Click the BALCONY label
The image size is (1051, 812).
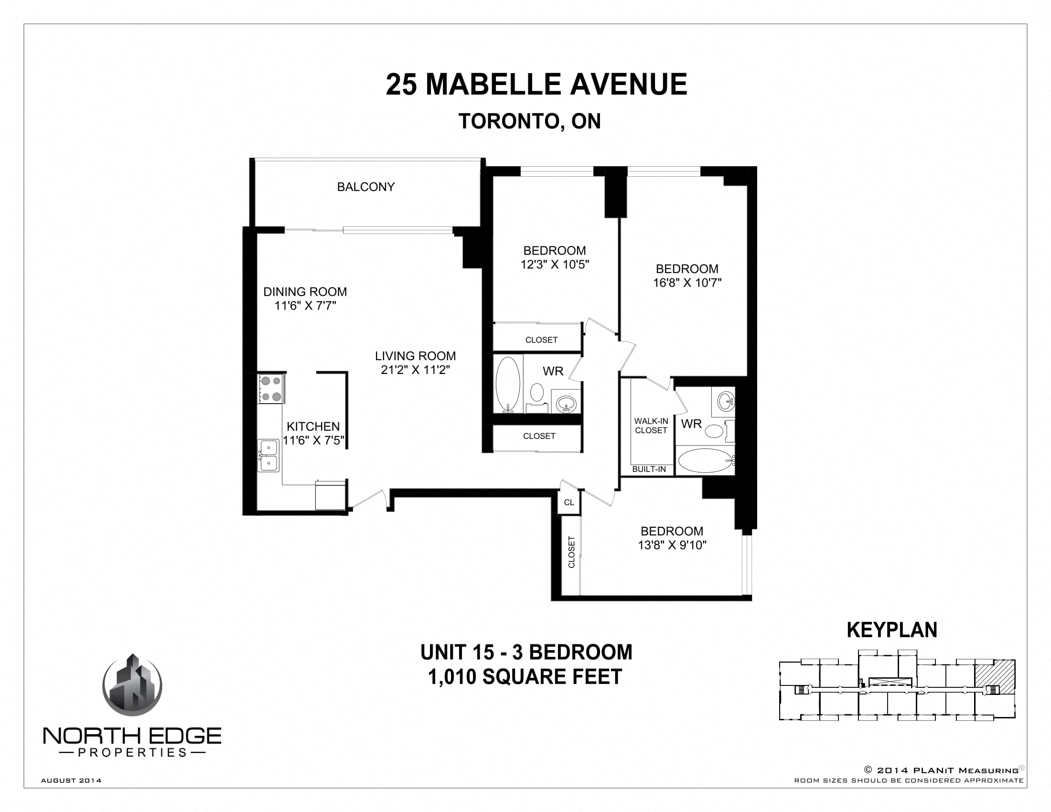point(366,187)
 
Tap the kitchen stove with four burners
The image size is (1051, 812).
point(270,389)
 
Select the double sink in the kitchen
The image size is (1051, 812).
point(268,456)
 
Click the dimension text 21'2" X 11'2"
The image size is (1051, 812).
point(415,370)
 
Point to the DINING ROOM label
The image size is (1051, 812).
point(305,291)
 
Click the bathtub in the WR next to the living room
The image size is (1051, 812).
point(508,385)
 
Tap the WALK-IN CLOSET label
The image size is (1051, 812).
point(651,426)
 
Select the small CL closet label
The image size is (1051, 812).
point(569,502)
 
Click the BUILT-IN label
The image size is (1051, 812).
point(649,469)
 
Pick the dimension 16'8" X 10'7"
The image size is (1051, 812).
point(686,283)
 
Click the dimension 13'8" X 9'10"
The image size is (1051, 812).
point(672,545)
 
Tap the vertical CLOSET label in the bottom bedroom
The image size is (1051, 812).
point(572,552)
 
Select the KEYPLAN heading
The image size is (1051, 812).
point(892,630)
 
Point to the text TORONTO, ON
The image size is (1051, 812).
point(529,121)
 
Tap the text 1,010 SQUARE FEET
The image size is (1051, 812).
point(525,677)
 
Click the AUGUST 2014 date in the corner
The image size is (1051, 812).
point(71,780)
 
